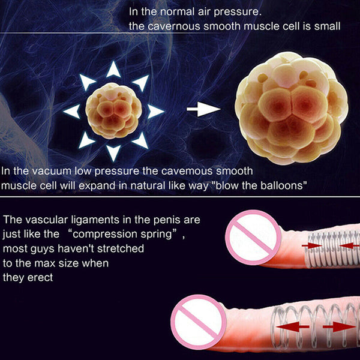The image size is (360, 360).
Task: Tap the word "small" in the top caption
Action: coord(328,26)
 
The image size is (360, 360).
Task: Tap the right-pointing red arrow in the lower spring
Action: coord(339,327)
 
